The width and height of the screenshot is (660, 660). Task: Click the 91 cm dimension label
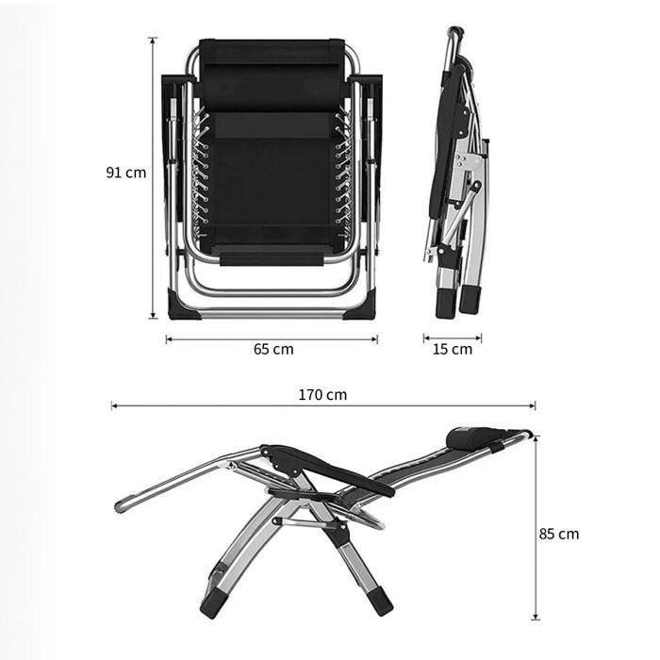pos(125,173)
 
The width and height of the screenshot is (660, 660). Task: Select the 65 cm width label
pos(272,349)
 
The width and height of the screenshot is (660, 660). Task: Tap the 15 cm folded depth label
pos(453,349)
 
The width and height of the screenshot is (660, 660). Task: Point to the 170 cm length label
pos(322,394)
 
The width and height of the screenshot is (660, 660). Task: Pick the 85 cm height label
pos(559,534)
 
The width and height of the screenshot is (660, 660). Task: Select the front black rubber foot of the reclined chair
pos(212,602)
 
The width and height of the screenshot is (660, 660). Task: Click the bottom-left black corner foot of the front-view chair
pos(181,305)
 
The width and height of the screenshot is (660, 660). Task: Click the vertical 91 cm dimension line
pos(154,179)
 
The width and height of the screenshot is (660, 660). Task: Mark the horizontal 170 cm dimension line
pos(322,406)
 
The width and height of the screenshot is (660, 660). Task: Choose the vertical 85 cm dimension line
pos(536,528)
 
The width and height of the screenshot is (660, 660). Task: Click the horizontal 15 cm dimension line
pos(453,338)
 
